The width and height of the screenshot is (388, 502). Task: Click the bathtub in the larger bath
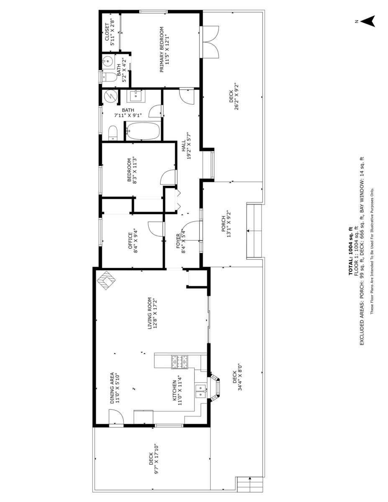[143, 131]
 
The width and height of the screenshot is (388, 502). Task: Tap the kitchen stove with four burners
[180, 362]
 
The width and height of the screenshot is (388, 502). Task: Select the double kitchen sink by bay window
[201, 391]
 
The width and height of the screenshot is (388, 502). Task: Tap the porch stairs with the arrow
[254, 231]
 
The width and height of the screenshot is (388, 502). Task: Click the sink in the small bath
[108, 61]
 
